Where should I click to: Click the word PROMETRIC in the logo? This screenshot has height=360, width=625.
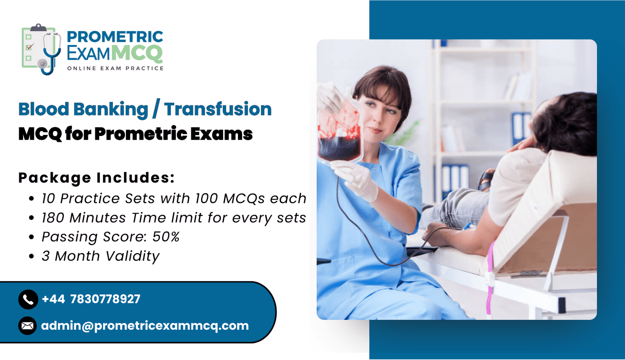click(x=115, y=37)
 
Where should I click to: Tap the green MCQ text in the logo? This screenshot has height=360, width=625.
click(x=137, y=53)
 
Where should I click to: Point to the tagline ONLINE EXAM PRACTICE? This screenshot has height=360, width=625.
click(x=115, y=68)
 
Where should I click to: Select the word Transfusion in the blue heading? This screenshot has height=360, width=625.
click(x=218, y=109)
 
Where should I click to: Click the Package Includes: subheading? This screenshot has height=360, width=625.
click(x=96, y=177)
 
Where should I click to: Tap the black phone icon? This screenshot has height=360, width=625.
click(x=28, y=299)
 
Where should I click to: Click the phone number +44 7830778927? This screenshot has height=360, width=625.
click(x=91, y=299)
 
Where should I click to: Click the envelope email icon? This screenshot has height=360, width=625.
click(x=27, y=326)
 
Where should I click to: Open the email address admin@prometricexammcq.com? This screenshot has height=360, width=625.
click(x=145, y=326)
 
